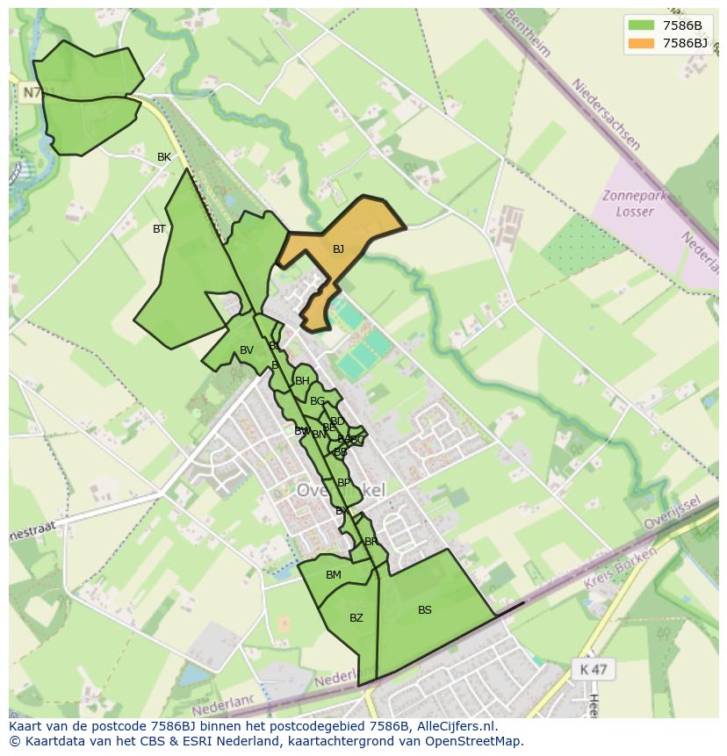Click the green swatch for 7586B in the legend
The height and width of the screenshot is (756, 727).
[642, 25]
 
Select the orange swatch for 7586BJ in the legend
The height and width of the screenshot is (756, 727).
[642, 42]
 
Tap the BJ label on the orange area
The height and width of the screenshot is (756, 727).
[338, 249]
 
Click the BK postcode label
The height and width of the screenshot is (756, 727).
[164, 157]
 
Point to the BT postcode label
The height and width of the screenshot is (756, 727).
[159, 229]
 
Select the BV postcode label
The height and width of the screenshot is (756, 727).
[247, 350]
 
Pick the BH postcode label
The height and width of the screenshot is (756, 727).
[302, 381]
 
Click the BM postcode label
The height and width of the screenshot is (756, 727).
[334, 575]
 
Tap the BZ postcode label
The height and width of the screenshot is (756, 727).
[356, 618]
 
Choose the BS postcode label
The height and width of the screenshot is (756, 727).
[425, 610]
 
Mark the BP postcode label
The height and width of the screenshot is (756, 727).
[343, 483]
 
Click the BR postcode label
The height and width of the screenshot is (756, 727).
[371, 542]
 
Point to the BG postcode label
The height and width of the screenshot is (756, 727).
[317, 401]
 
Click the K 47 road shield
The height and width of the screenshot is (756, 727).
[594, 669]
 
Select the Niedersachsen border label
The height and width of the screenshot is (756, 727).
[606, 114]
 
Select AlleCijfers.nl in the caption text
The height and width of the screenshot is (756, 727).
[454, 726]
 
